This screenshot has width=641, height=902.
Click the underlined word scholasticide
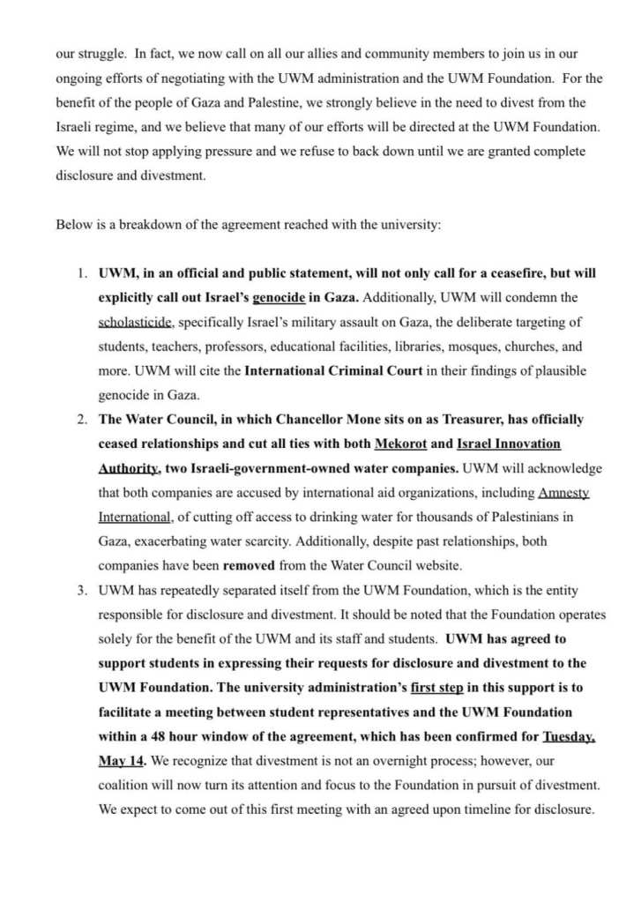click(x=137, y=323)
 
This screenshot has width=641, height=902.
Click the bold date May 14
click(x=121, y=760)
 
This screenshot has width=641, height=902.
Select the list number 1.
click(x=80, y=273)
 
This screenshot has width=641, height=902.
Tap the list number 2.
click(x=80, y=420)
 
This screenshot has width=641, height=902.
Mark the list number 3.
click(x=80, y=590)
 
